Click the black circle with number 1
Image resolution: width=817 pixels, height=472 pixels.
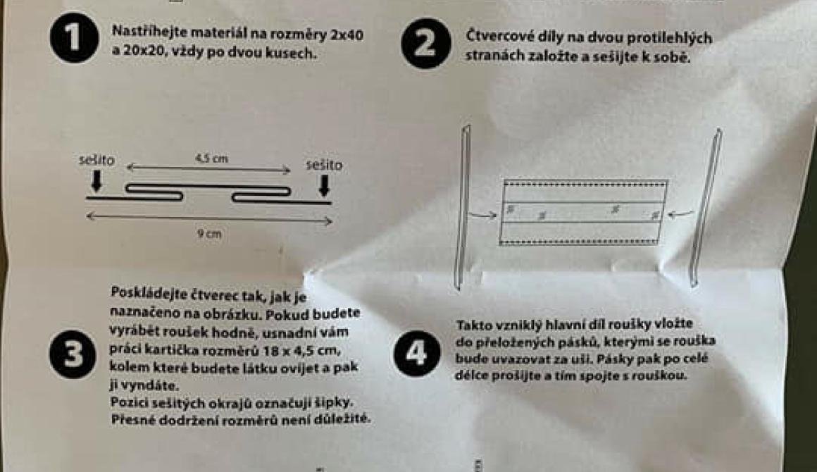pos(74,38)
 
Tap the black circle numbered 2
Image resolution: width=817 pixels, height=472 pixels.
pos(426,43)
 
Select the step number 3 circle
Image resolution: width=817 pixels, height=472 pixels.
pos(73,354)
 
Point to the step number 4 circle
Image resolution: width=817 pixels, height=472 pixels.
pos(416,353)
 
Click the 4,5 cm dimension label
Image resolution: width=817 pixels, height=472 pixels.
pos(211,159)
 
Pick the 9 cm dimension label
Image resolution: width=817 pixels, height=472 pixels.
pos(209,234)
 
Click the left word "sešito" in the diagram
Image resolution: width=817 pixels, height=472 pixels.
pos(96,160)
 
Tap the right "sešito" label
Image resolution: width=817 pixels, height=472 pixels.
pos(324,165)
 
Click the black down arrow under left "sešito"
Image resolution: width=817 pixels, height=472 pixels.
pos(96,181)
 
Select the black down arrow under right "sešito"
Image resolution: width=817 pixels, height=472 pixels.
pos(324,186)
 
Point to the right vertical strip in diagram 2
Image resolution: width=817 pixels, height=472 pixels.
pos(706,207)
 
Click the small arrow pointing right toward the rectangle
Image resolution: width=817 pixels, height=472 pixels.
pos(482,214)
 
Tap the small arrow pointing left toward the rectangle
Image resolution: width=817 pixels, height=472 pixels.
pos(680,213)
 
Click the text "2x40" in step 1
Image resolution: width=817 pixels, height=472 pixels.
pos(347,35)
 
